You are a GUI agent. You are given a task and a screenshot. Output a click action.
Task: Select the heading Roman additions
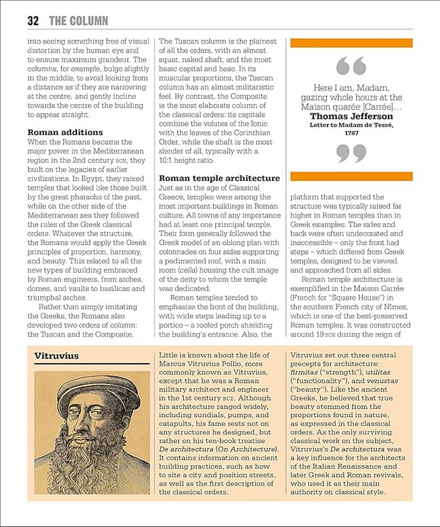(64, 132)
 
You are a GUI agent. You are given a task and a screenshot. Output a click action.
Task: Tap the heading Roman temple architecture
(220, 179)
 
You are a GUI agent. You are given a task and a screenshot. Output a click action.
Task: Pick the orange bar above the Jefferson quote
(351, 43)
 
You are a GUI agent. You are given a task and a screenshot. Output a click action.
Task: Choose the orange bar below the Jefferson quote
(351, 176)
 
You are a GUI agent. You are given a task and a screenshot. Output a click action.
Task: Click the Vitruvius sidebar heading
(57, 356)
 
